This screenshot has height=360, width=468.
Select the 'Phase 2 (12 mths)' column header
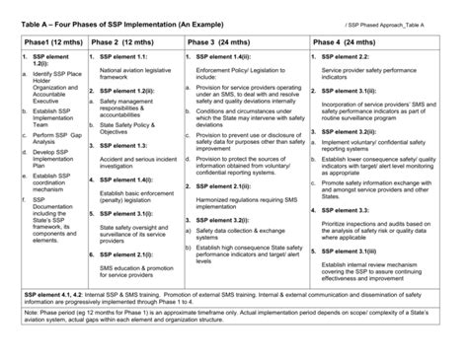126,43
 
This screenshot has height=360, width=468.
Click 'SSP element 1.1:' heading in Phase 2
121,58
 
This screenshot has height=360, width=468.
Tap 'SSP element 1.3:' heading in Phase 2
121,145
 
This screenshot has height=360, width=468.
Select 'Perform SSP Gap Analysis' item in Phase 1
55,138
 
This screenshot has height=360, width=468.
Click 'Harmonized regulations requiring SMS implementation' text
246,202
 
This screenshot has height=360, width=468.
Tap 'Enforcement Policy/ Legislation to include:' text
244,76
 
